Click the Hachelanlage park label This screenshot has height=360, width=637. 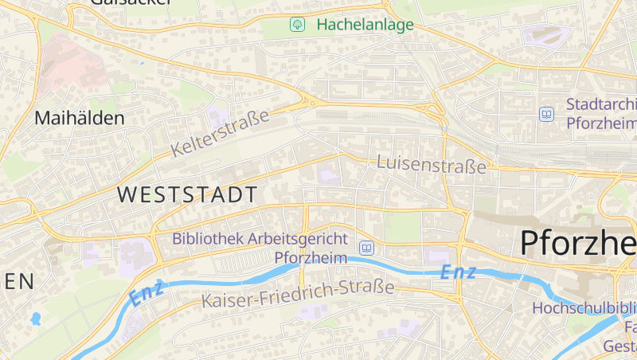pyautogui.click(x=365, y=25)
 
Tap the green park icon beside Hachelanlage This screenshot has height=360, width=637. pyautogui.click(x=297, y=25)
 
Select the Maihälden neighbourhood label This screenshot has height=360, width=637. pyautogui.click(x=80, y=119)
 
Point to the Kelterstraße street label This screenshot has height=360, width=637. pyautogui.click(x=220, y=133)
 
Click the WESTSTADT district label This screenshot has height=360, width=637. pyautogui.click(x=187, y=194)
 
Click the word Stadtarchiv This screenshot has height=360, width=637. pyautogui.click(x=602, y=104)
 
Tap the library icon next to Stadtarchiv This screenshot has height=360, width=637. pyautogui.click(x=547, y=115)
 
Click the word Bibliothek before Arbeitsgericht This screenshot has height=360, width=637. pyautogui.click(x=207, y=238)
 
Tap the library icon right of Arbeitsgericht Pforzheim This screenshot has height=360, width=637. pyautogui.click(x=366, y=248)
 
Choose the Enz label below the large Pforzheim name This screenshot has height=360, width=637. pyautogui.click(x=458, y=272)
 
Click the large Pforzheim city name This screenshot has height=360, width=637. pyautogui.click(x=578, y=242)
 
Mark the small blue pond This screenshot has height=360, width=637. pyautogui.click(x=35, y=319)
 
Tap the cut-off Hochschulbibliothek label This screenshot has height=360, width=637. pyautogui.click(x=584, y=307)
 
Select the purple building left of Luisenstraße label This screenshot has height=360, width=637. pyautogui.click(x=329, y=174)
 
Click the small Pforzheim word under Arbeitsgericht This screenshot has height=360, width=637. pyautogui.click(x=311, y=257)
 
